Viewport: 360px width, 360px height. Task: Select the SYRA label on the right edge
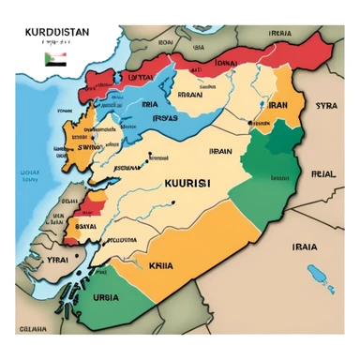click(325, 106)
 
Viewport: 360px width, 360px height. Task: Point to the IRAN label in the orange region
click(278, 106)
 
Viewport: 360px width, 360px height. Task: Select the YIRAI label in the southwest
click(57, 258)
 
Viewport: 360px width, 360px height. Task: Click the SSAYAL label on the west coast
click(84, 226)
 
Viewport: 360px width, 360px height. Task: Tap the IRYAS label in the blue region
click(165, 118)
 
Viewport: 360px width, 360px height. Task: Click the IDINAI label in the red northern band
click(225, 63)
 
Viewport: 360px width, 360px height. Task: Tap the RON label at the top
click(165, 42)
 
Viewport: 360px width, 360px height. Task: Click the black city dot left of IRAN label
click(253, 105)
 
